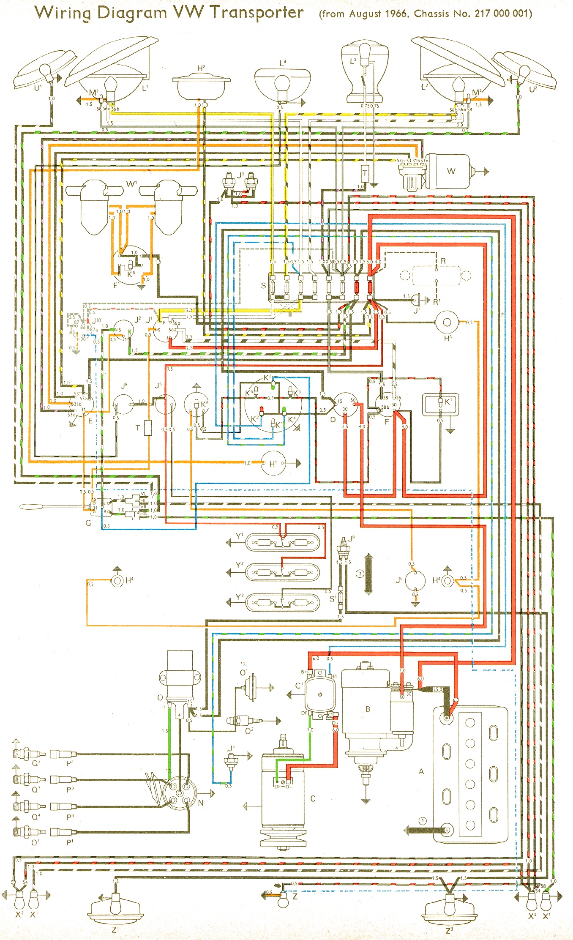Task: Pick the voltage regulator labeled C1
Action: (x=320, y=694)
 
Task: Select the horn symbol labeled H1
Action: (x=273, y=464)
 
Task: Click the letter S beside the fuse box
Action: (x=263, y=286)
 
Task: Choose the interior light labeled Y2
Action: (x=282, y=573)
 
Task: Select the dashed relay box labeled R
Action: (x=436, y=275)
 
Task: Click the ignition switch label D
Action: (x=333, y=419)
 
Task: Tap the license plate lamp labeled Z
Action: (x=283, y=902)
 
